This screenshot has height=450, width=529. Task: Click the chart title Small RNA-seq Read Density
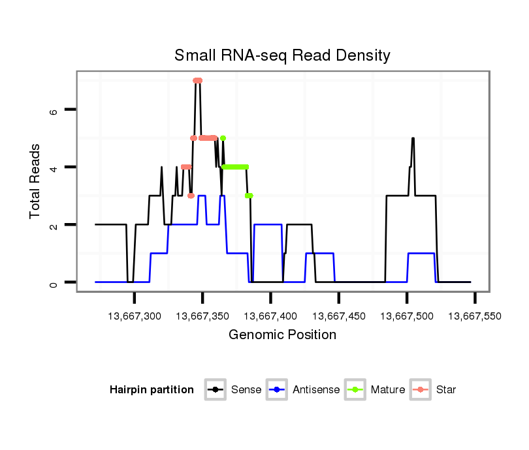click(282, 55)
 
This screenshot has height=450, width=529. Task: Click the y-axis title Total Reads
click(35, 181)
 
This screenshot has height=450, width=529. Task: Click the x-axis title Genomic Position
click(282, 335)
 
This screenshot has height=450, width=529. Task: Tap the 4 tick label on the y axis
click(54, 167)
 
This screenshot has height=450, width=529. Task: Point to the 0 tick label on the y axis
click(54, 282)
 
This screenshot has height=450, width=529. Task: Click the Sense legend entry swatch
click(215, 390)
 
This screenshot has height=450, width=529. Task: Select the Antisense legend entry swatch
click(277, 390)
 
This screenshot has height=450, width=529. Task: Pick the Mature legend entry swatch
click(355, 390)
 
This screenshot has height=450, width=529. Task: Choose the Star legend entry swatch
click(421, 390)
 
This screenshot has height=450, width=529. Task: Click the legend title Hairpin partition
click(152, 390)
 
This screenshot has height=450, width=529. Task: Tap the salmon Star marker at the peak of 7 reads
click(198, 80)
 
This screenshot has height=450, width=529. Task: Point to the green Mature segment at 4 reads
click(236, 167)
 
